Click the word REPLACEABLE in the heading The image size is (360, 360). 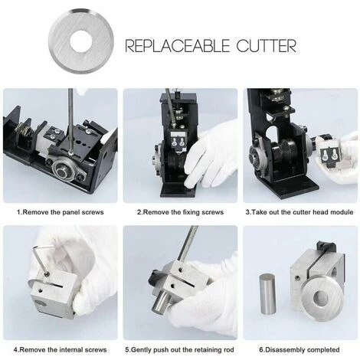pos(178,46)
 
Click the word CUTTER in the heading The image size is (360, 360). pos(266,46)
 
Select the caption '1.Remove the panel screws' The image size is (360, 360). pos(61,212)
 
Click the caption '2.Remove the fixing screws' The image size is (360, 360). pos(180,212)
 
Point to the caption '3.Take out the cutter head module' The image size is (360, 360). pos(299,212)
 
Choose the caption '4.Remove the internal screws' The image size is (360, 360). pos(60,349)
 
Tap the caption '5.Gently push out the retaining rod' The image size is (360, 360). pos(179,349)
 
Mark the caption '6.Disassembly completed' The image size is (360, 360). pos(299,349)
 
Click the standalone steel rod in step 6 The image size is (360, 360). pos(267,293)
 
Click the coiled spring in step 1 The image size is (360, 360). pos(25,130)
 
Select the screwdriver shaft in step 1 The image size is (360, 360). pos(70,121)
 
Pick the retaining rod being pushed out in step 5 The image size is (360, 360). pos(160,303)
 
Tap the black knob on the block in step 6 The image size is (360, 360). pos(326,246)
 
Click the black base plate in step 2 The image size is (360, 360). pos(178,191)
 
